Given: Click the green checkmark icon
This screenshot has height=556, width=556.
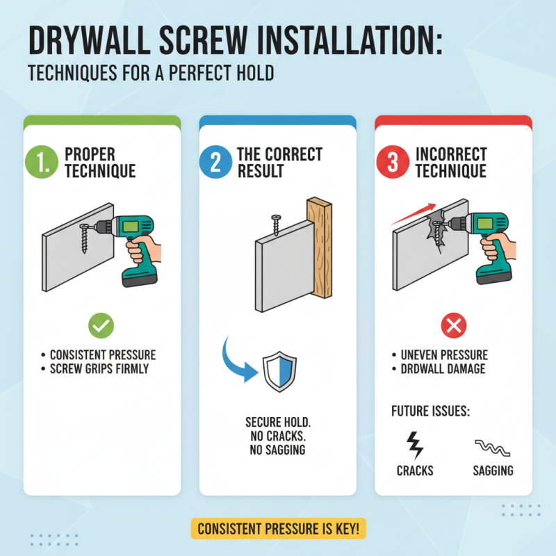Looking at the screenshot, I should (102, 325).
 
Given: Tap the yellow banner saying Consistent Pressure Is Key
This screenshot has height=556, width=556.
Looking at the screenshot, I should (278, 529).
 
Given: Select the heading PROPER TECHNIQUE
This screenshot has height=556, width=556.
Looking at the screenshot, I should (99, 162).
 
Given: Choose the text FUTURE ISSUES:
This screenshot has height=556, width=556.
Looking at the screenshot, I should (431, 411).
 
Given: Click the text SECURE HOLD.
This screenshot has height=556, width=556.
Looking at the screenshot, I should (278, 422).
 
